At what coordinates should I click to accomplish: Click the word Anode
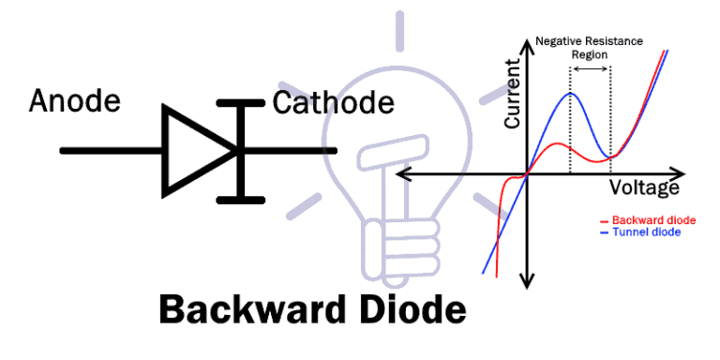[75, 100]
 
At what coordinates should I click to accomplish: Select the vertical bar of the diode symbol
[240, 150]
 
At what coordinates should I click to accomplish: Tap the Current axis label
[512, 94]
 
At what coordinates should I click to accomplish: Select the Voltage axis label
[644, 187]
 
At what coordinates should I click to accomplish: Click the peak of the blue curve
[569, 93]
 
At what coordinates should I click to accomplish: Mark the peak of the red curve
[557, 143]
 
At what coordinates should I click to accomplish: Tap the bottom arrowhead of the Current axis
[528, 279]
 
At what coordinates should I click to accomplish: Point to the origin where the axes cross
[528, 173]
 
